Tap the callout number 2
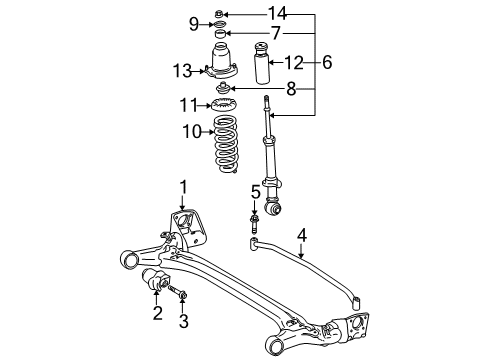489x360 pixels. click(156, 315)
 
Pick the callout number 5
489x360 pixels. click(255, 191)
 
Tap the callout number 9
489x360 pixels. click(194, 24)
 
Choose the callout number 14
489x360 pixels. click(277, 13)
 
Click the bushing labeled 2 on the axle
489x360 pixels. click(158, 281)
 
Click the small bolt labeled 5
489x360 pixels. click(255, 216)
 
